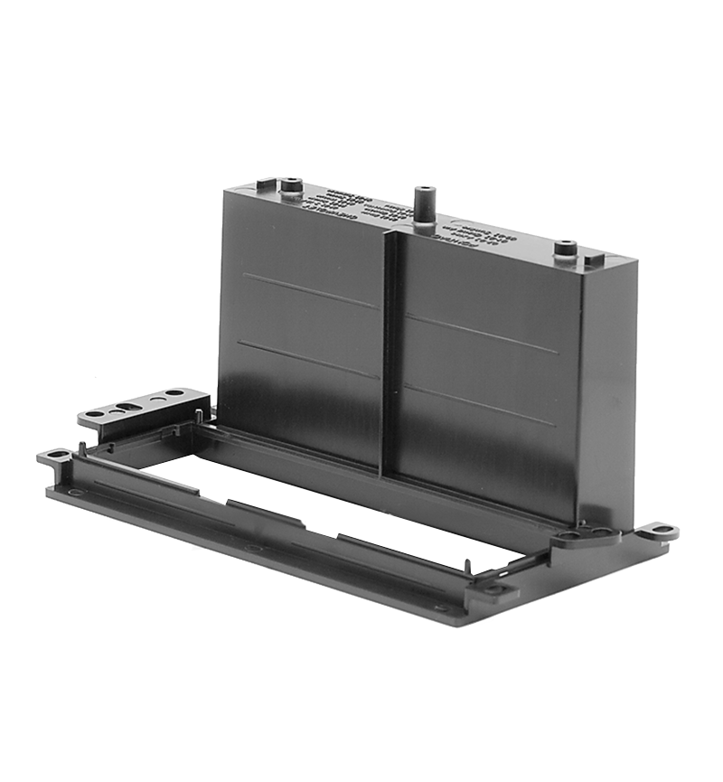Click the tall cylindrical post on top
424,206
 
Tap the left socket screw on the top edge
291,188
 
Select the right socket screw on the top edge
566,249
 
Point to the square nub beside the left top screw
266,184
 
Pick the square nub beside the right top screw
594,260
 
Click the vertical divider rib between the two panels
390,353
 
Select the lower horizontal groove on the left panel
307,359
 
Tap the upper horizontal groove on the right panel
480,334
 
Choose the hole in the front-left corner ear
57,454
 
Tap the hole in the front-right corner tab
494,589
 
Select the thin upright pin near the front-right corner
467,567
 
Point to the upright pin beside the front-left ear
82,448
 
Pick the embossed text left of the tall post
357,205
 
